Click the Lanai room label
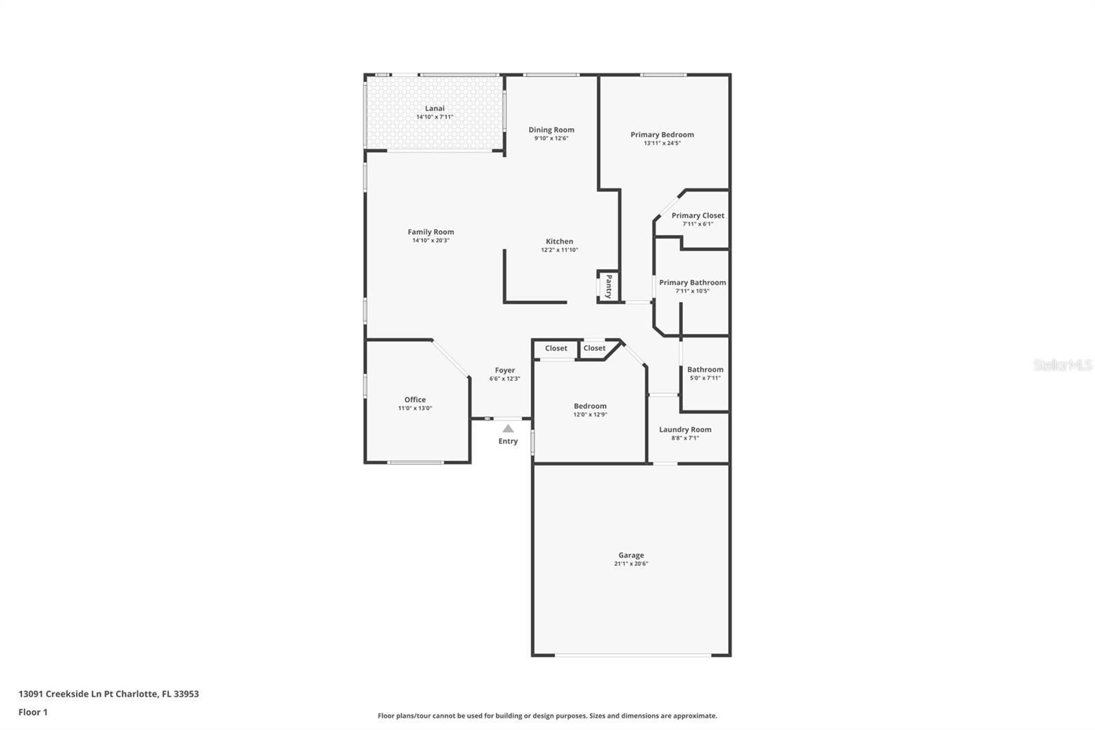pyautogui.click(x=435, y=108)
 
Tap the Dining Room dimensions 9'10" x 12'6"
pyautogui.click(x=551, y=138)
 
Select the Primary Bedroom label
pyautogui.click(x=662, y=135)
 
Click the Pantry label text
pyautogui.click(x=608, y=286)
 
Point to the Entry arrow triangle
pyautogui.click(x=508, y=429)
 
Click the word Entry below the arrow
pyautogui.click(x=508, y=441)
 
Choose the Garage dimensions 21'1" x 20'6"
pyautogui.click(x=630, y=564)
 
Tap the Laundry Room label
pyautogui.click(x=685, y=429)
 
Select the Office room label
pyautogui.click(x=415, y=400)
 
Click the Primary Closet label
pyautogui.click(x=697, y=216)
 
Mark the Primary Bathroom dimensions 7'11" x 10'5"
pyautogui.click(x=692, y=291)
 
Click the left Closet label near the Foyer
pyautogui.click(x=556, y=349)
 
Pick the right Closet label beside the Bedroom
pyautogui.click(x=594, y=349)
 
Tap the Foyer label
pyautogui.click(x=505, y=370)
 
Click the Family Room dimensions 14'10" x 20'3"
pyautogui.click(x=430, y=240)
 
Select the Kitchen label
pyautogui.click(x=559, y=242)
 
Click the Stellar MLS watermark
pyautogui.click(x=1062, y=366)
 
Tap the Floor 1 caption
pyautogui.click(x=33, y=712)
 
